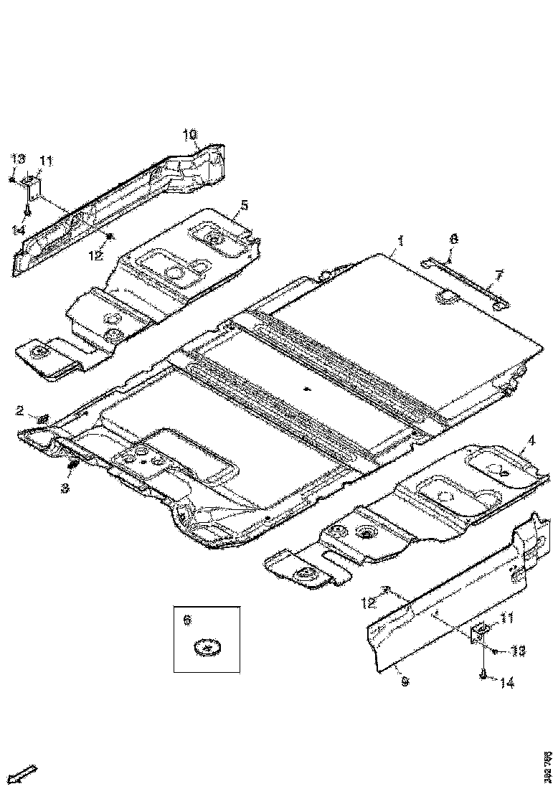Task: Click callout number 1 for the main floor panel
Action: pos(401,241)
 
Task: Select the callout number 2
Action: pos(21,410)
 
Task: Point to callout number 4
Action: pos(531,440)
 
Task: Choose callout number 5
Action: pos(245,205)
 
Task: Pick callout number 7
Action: pos(499,274)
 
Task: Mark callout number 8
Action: pos(453,239)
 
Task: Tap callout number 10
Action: pos(189,134)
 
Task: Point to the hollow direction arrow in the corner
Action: pos(24,775)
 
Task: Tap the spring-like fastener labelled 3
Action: pos(72,468)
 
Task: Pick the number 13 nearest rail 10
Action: pos(18,159)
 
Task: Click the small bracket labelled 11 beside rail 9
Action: pos(478,631)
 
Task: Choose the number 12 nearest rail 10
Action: pos(96,254)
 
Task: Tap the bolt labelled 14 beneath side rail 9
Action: pos(483,674)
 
